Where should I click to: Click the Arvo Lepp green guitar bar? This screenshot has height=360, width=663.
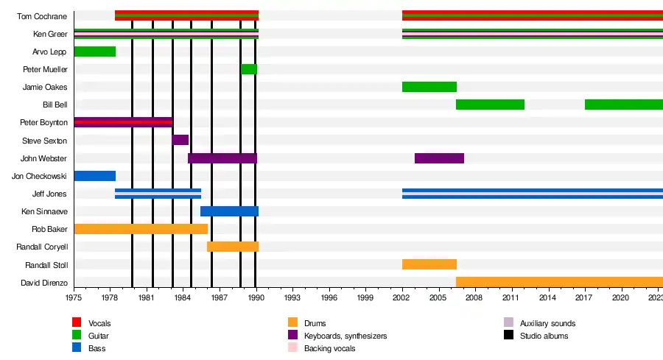point(95,52)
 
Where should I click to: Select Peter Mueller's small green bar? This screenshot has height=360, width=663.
point(248,69)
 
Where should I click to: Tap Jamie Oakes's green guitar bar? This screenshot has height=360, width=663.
point(429,87)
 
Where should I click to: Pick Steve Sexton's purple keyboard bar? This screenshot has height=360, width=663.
point(180,140)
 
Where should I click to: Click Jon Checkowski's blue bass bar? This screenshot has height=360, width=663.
point(95,176)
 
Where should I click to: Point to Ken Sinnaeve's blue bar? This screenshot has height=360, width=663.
point(229,211)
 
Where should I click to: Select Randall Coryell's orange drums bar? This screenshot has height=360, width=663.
point(233,247)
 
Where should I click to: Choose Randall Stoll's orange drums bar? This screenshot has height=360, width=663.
point(429,264)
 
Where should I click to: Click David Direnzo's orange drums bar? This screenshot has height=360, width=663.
point(559,282)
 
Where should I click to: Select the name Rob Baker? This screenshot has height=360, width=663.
point(49,229)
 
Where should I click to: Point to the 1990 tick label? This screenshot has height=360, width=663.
point(256,298)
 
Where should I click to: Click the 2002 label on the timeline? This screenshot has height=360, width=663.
point(402,298)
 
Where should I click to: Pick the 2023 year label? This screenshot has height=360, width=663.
point(654,298)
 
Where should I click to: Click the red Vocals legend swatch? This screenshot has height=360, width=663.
point(77,323)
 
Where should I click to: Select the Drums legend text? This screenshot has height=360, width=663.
point(315,323)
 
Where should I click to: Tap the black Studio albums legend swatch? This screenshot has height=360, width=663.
point(508,336)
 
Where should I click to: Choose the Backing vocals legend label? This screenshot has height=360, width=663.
point(329,348)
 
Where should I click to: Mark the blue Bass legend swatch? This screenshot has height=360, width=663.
point(77,348)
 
